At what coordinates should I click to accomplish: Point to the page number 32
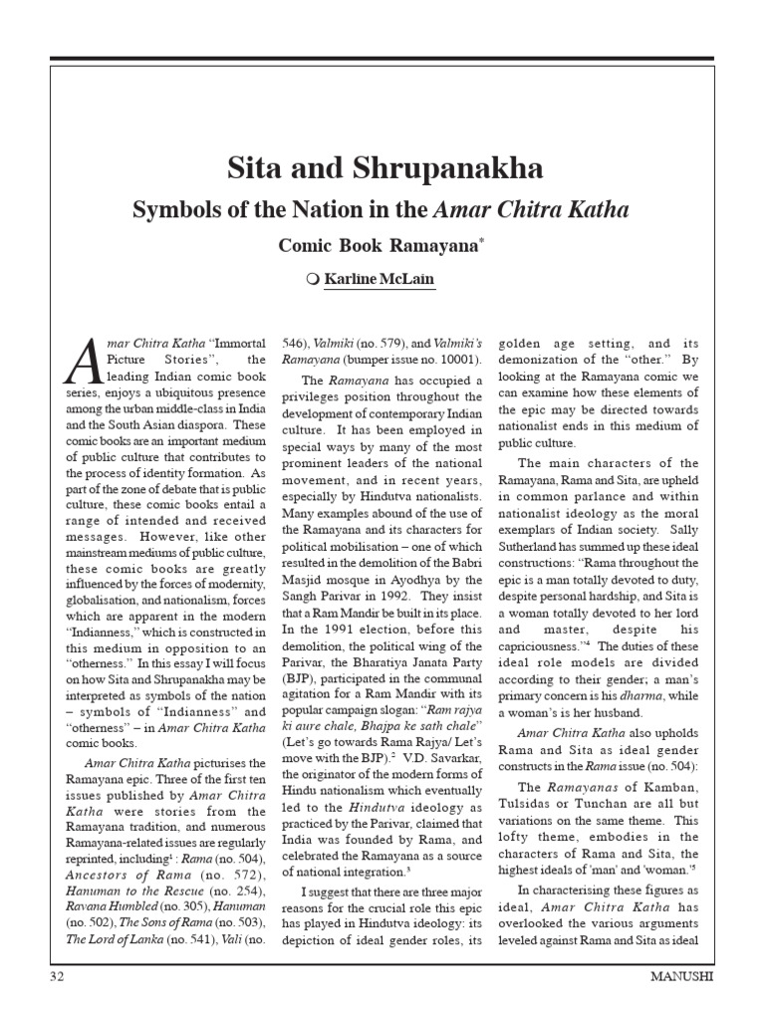tap(57, 977)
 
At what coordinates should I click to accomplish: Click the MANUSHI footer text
tap(680, 977)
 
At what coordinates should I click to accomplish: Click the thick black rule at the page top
tap(382, 59)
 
